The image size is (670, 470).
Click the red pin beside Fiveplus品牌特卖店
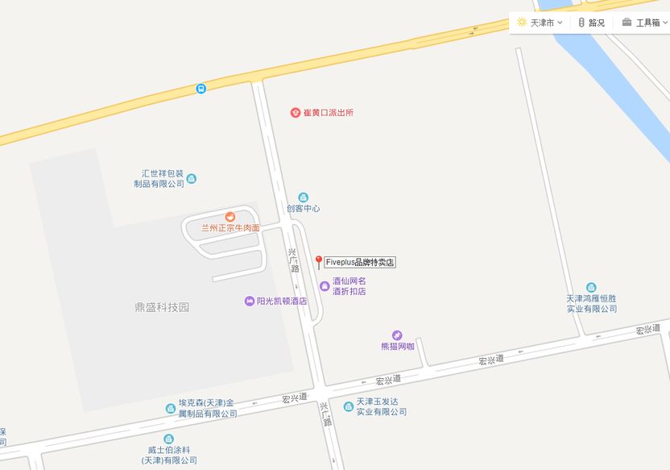(x=318, y=261)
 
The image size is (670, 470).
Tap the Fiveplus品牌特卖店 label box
(x=360, y=262)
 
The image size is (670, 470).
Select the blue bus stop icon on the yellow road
(x=201, y=88)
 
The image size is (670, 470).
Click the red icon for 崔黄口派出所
(x=296, y=112)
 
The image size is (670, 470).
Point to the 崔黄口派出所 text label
(x=328, y=112)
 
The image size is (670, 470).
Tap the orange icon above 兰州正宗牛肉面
(x=230, y=216)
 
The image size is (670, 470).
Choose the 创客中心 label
(x=303, y=208)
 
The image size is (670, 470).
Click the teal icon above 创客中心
(x=303, y=197)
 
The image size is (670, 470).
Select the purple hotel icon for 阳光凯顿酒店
(x=249, y=301)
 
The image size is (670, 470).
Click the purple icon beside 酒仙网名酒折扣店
(x=324, y=285)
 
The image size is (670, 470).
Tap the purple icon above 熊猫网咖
(x=397, y=335)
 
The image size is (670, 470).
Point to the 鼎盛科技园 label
(x=162, y=307)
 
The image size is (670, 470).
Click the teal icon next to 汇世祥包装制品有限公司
(x=192, y=178)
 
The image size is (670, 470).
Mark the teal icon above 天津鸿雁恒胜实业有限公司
(x=591, y=287)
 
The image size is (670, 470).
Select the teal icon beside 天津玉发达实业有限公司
(x=349, y=406)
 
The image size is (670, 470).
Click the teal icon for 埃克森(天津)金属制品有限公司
(x=170, y=409)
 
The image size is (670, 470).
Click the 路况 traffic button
(x=591, y=23)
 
